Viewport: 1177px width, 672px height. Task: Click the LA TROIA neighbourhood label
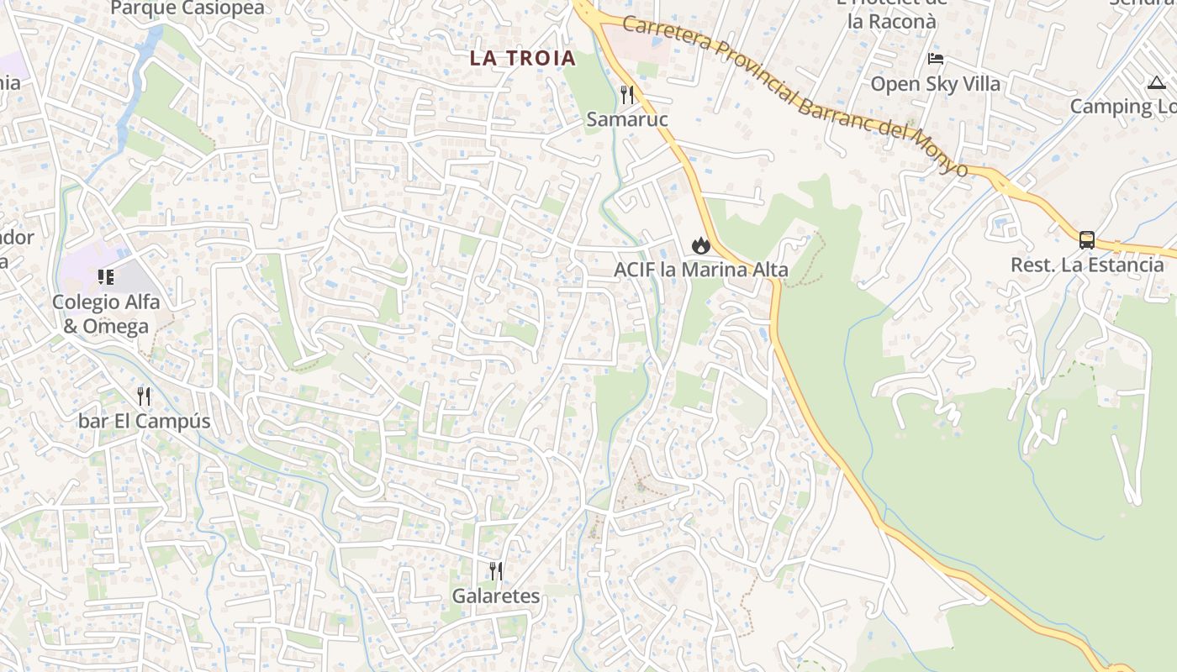coord(522,58)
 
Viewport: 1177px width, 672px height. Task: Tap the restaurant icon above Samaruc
coord(626,93)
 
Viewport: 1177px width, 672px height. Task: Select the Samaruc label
coord(627,119)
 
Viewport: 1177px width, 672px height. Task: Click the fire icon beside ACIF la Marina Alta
coord(699,245)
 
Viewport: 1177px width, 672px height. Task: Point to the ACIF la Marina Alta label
coord(701,270)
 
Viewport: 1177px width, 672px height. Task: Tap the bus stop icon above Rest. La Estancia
coord(1086,240)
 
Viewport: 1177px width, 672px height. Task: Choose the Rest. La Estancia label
coord(1087,265)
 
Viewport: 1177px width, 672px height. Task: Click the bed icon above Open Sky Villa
coord(935,59)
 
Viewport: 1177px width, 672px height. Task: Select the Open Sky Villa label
coord(935,84)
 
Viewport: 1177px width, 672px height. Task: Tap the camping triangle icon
coord(1156,83)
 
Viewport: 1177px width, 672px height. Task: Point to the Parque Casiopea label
coord(187,8)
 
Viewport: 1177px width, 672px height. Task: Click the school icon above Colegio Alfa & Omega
coord(105,276)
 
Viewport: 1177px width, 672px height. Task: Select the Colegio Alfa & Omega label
coord(106,314)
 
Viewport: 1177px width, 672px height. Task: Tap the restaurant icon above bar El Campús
coord(144,396)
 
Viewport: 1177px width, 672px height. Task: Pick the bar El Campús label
coord(144,421)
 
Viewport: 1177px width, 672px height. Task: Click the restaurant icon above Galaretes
coord(496,571)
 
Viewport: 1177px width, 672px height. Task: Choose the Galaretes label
coord(496,596)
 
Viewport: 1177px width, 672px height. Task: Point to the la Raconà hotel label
coord(891,21)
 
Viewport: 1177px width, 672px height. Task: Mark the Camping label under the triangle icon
coord(1122,107)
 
